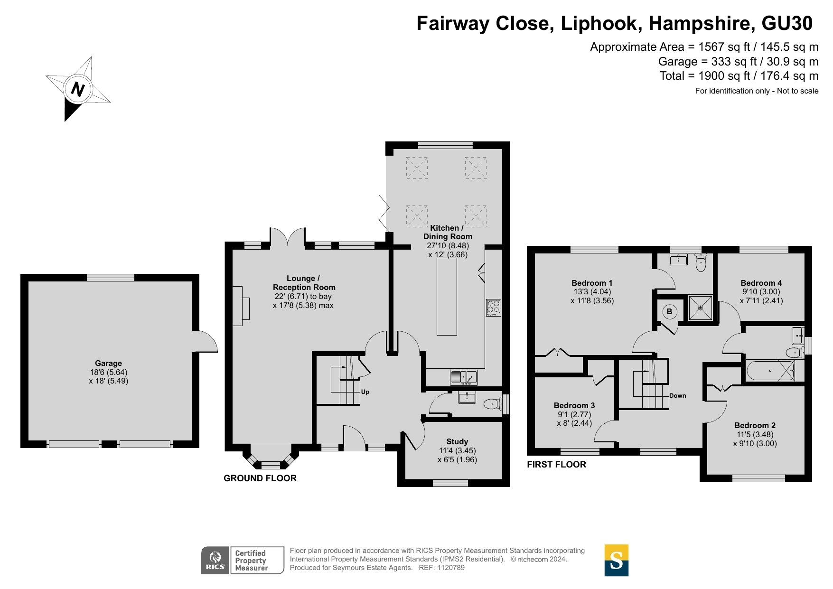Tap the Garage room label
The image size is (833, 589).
click(108, 363)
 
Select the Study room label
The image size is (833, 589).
click(457, 441)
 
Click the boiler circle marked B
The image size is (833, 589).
click(669, 312)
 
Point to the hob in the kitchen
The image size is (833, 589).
click(494, 308)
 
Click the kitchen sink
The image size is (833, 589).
click(464, 377)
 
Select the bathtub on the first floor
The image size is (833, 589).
click(770, 371)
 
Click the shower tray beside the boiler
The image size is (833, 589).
click(701, 308)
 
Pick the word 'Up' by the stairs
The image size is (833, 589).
click(365, 392)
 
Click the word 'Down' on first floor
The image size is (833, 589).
click(677, 396)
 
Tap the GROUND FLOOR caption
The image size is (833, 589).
click(260, 478)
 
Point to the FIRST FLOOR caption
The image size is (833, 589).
click(556, 465)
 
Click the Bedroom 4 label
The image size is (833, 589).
click(761, 283)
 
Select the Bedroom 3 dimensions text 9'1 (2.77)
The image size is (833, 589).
click(574, 414)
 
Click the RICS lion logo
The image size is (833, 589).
click(215, 561)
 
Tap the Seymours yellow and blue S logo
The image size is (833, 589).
click(616, 561)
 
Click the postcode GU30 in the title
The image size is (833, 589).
click(787, 23)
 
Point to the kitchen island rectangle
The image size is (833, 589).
click(447, 297)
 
